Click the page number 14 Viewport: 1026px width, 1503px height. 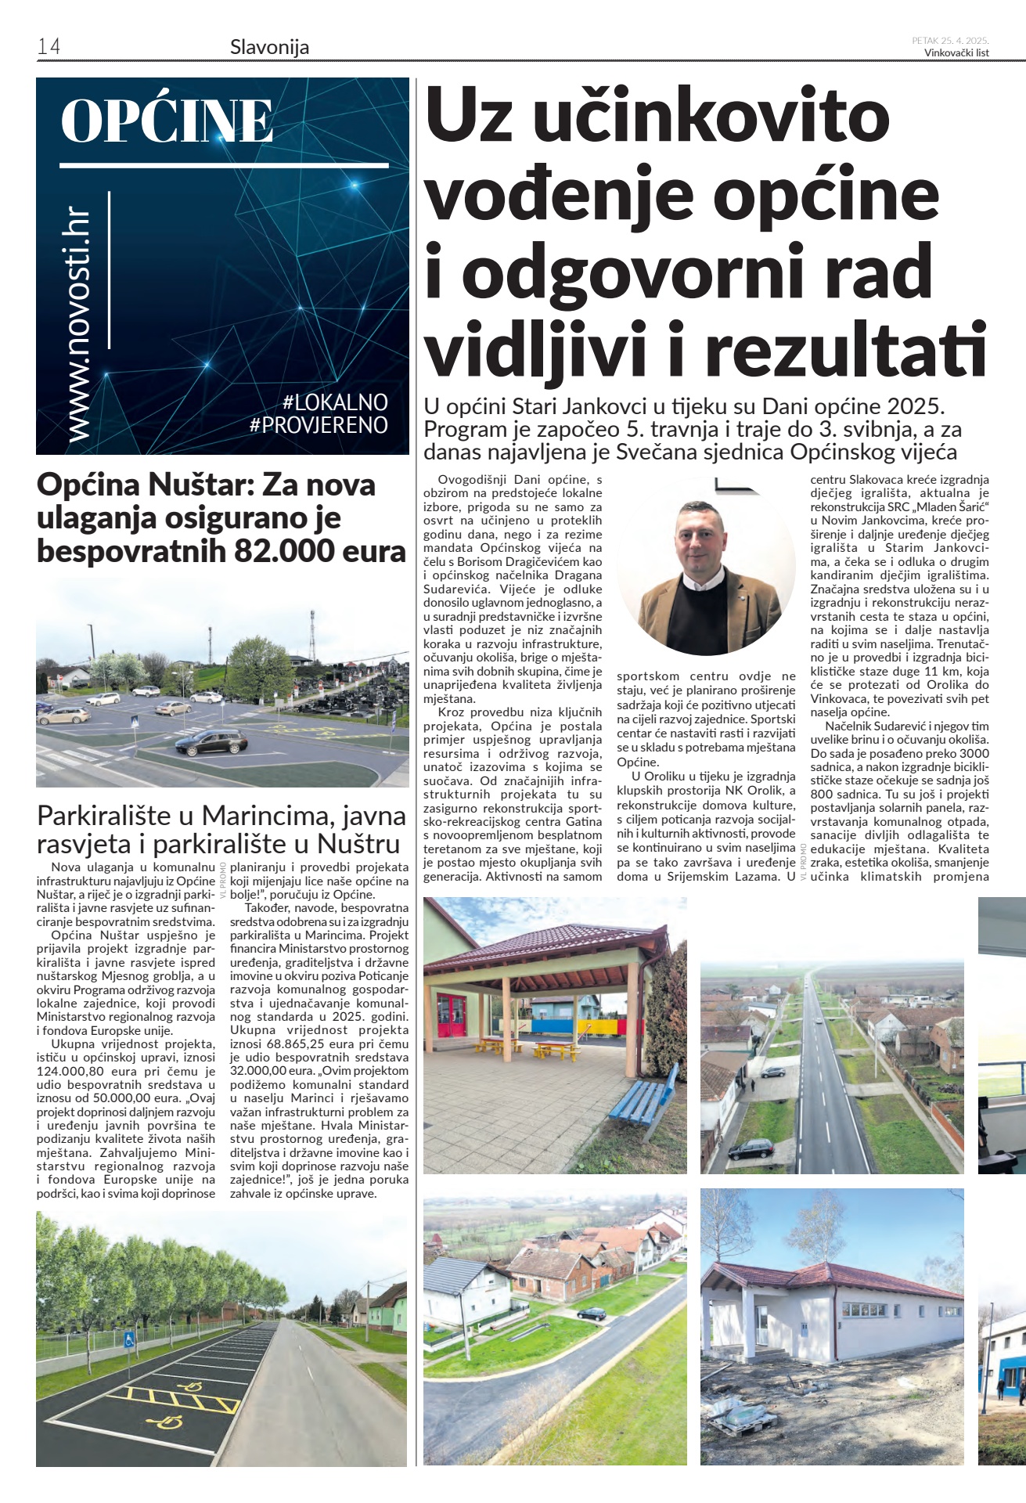(49, 46)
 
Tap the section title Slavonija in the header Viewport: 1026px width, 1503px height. (269, 47)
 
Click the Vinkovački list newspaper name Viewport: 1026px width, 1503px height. (956, 53)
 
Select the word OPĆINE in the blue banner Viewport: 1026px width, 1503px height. (167, 121)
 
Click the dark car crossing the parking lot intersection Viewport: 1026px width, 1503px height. (211, 741)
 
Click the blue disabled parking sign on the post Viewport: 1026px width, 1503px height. (129, 1339)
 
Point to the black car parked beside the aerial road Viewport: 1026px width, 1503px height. (751, 1149)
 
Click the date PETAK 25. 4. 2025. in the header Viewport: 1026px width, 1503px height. (950, 41)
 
